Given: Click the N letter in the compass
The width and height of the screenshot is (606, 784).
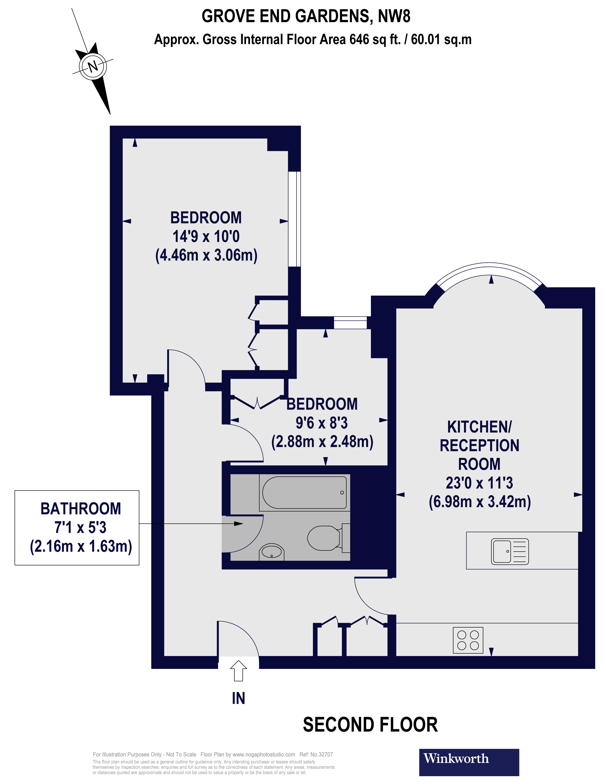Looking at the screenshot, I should pyautogui.click(x=93, y=66).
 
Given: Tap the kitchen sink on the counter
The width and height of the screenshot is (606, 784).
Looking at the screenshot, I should pyautogui.click(x=509, y=551).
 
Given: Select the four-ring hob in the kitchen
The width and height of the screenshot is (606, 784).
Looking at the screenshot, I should pyautogui.click(x=468, y=640).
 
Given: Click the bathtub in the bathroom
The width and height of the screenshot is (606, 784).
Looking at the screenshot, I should pyautogui.click(x=304, y=492).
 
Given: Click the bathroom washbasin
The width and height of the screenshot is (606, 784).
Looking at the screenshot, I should pyautogui.click(x=271, y=552).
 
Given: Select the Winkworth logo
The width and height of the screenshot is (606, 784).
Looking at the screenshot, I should pyautogui.click(x=469, y=762).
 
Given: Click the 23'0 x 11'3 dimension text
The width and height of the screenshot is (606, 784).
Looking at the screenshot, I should pyautogui.click(x=479, y=483).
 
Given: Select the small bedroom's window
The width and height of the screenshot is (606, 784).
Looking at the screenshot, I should pyautogui.click(x=350, y=323).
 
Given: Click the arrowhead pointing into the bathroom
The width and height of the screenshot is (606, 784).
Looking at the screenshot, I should pyautogui.click(x=238, y=524).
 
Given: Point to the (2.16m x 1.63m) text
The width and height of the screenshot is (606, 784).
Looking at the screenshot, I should pyautogui.click(x=81, y=546).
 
